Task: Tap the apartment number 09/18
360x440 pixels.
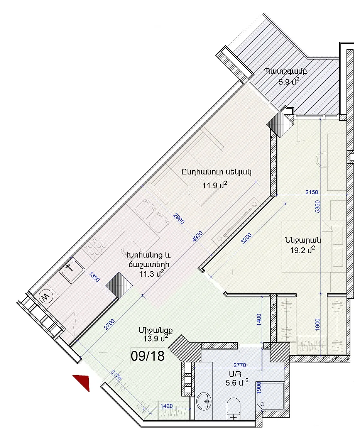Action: (148, 356)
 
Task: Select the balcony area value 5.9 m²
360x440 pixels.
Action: (289, 82)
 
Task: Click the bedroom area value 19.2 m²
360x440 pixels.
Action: (303, 250)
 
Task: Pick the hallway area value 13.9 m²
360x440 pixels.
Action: (156, 338)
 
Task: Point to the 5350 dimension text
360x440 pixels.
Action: (317, 206)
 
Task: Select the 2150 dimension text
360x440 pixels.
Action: (312, 192)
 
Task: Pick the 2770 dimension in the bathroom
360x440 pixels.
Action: (240, 365)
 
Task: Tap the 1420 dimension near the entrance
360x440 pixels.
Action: (167, 406)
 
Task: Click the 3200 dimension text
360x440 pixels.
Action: (246, 239)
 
